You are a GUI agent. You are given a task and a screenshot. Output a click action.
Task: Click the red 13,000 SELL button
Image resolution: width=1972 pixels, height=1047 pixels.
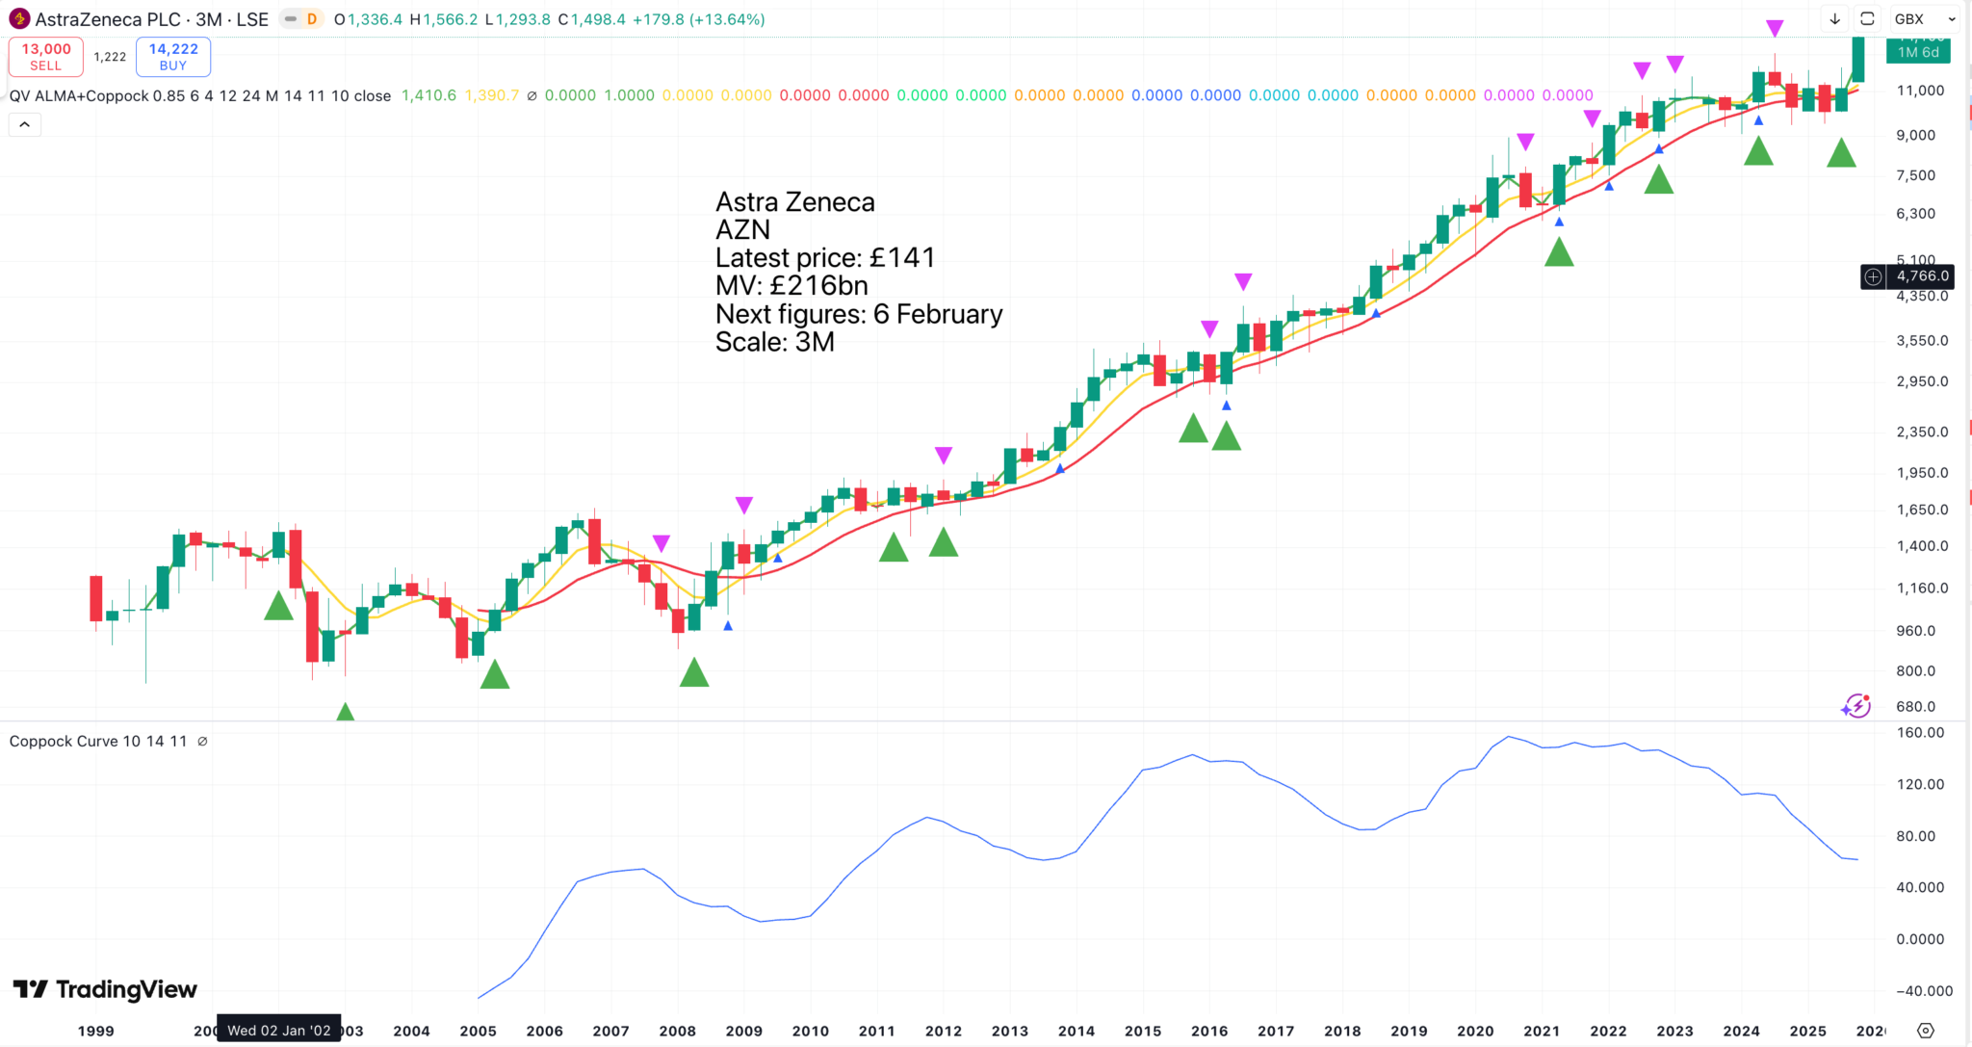click(45, 57)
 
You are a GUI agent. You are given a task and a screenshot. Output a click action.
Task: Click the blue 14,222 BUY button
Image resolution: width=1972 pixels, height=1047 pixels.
click(173, 57)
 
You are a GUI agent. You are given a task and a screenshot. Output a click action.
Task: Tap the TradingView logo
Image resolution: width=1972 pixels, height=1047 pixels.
click(105, 989)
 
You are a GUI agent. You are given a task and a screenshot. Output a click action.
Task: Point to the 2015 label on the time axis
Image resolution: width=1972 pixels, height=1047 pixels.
click(1143, 1031)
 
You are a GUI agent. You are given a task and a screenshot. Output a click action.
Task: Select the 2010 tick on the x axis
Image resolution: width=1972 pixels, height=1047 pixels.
click(810, 1031)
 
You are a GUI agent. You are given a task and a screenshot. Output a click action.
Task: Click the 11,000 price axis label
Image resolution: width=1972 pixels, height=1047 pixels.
click(1920, 91)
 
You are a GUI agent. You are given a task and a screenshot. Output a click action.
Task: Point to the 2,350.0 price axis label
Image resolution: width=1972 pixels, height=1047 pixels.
click(1922, 432)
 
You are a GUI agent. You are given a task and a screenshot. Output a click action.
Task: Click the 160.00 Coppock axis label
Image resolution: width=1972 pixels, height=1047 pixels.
click(1920, 733)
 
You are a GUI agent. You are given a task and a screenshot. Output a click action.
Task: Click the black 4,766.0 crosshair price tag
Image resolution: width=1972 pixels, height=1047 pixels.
click(1922, 276)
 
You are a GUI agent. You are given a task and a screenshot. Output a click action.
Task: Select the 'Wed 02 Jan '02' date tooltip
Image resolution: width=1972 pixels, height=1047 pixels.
click(278, 1030)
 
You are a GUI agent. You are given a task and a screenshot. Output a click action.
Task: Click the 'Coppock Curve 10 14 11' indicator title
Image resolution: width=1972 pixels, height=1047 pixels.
click(98, 741)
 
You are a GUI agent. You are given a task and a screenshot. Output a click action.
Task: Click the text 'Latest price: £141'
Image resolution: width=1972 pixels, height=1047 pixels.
click(825, 258)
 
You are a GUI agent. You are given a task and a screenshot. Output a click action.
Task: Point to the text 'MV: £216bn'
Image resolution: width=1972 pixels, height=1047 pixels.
click(791, 286)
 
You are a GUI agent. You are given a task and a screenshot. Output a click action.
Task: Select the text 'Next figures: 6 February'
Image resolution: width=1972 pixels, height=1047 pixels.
click(859, 314)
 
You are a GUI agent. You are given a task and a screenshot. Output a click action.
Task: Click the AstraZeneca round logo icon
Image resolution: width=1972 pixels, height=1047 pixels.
click(19, 19)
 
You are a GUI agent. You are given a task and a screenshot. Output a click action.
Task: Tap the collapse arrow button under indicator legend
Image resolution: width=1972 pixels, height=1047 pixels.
click(25, 124)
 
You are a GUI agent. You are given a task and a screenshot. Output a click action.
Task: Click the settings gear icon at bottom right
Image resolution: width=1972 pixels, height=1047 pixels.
click(1925, 1031)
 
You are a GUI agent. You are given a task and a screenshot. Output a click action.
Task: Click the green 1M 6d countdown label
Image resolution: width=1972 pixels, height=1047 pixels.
click(1918, 52)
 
